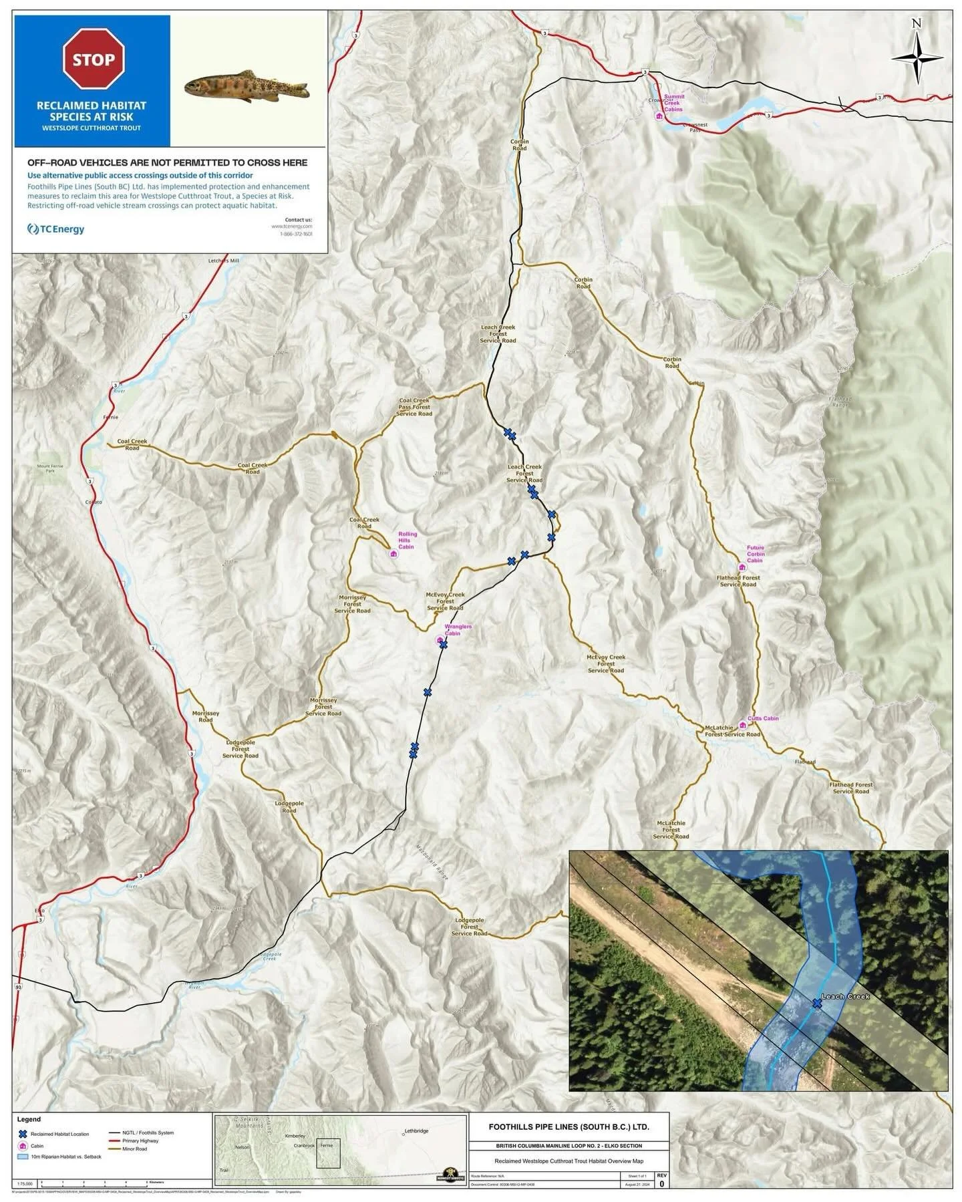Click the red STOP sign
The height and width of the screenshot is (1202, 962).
[94, 59]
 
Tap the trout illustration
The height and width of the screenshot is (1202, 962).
[246, 86]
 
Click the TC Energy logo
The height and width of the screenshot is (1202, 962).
[56, 229]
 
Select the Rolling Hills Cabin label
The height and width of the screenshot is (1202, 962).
[407, 540]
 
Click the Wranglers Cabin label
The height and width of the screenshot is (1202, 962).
[458, 629]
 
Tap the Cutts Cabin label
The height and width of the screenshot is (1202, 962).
[762, 718]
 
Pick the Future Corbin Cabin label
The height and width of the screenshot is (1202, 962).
[756, 554]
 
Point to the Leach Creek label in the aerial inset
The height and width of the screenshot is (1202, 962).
[846, 996]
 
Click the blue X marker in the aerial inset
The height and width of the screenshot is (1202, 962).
[816, 1003]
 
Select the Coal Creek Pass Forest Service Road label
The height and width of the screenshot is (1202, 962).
[414, 407]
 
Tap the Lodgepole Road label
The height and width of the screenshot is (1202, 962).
[289, 806]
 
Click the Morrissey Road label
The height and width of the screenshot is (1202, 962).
[206, 716]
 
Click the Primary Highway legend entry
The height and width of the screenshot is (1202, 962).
[140, 1141]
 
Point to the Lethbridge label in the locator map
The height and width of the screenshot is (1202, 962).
[416, 1131]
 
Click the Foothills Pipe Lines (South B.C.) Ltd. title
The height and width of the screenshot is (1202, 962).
[569, 1126]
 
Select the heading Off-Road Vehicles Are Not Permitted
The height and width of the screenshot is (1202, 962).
[167, 162]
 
